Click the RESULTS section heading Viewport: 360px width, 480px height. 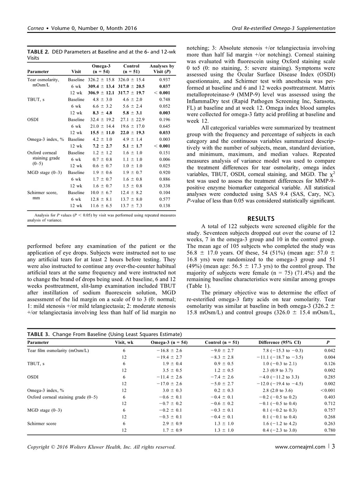(261, 219)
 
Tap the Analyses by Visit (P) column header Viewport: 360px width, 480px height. (162, 69)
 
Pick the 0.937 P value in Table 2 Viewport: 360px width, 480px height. (165, 80)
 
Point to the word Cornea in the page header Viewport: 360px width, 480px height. (36, 28)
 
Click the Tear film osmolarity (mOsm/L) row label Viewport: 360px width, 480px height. (58, 351)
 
